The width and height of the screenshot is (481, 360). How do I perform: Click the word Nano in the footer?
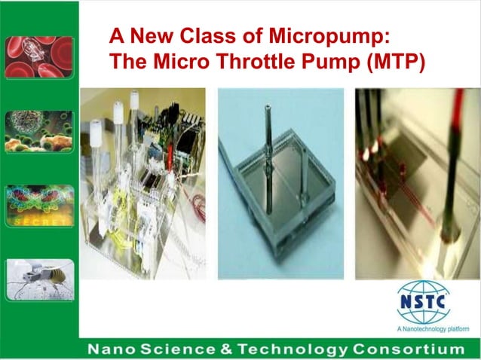point(110,349)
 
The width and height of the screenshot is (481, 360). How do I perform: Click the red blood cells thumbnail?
point(39,57)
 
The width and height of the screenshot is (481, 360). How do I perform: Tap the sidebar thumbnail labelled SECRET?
point(39,206)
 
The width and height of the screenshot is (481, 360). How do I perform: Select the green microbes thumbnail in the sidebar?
point(39,132)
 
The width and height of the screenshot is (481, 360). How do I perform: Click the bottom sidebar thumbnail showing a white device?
point(39,279)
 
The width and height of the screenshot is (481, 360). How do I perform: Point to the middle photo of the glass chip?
point(280,184)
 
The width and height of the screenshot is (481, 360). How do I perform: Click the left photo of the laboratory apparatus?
point(142,184)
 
